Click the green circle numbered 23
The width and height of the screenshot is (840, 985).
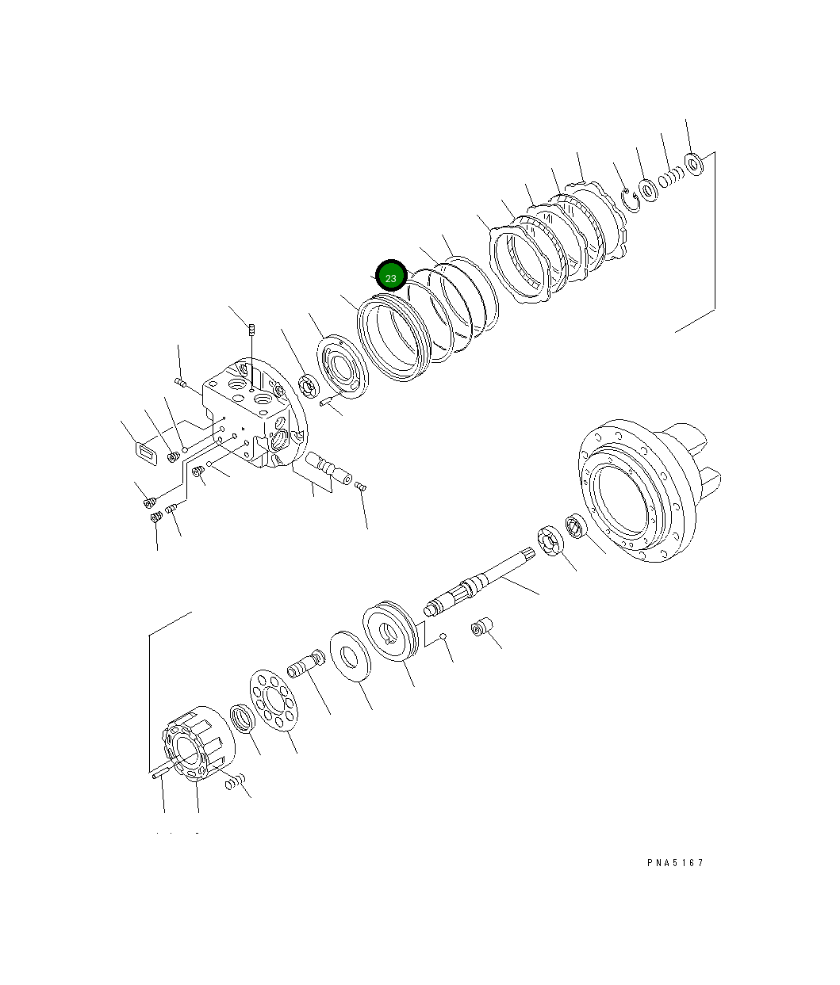coord(391,277)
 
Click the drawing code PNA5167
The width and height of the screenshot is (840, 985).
coord(675,863)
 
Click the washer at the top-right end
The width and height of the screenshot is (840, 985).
coord(695,165)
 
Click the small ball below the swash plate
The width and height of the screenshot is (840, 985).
coord(445,636)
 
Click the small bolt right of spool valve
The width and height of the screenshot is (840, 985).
coord(360,487)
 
